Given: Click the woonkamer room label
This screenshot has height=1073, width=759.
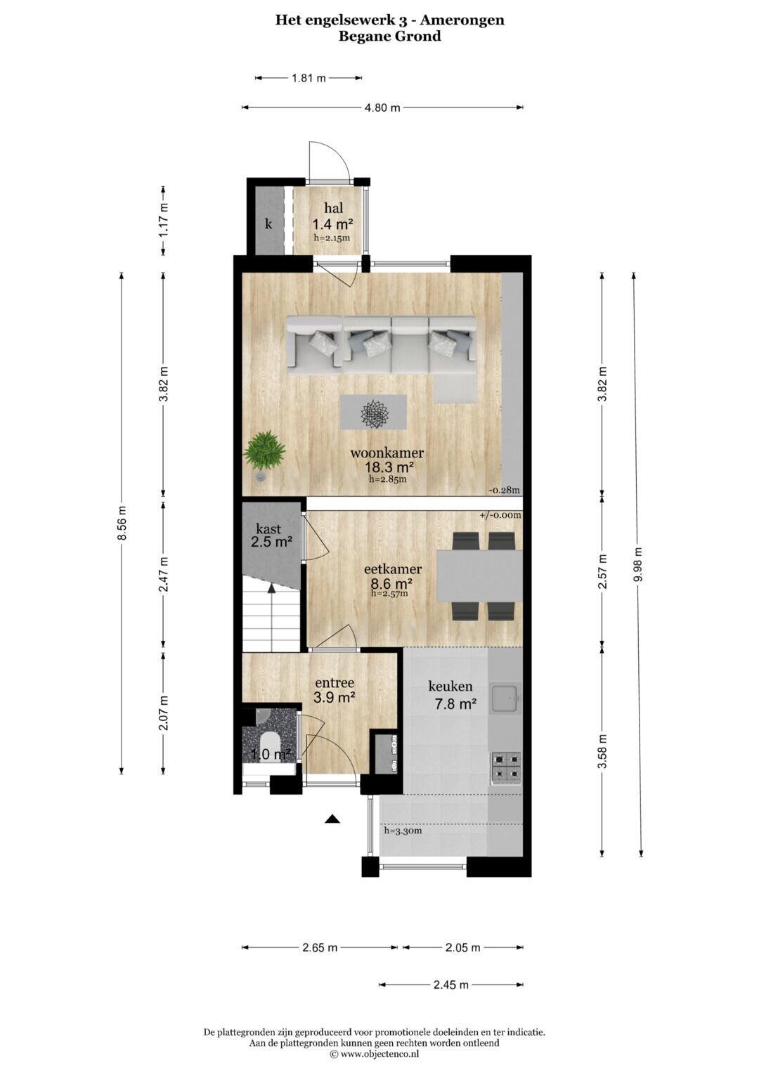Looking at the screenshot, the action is pos(387,453).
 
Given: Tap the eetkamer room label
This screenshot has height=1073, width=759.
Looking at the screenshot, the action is pos(393,569).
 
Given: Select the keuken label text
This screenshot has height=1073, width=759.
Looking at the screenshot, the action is pos(450,686).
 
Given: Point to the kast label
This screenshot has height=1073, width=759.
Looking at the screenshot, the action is pos(268,529).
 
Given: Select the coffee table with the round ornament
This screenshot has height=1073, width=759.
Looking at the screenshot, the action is pos(373,412).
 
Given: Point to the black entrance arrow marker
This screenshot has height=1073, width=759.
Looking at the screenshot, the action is pos(332,819).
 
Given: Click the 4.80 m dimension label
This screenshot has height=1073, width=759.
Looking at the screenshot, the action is pos(382,108).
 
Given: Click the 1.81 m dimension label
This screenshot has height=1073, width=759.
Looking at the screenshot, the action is pos(309,78).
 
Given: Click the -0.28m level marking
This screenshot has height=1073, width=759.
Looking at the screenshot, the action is pos(505,490).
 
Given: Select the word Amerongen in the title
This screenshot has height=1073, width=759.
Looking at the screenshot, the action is pos(462,20).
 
